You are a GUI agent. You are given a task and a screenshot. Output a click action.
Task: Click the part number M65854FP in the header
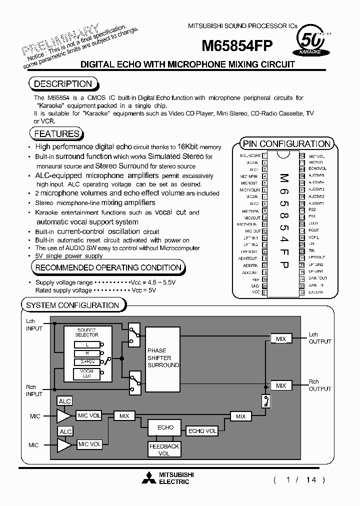pos(237,46)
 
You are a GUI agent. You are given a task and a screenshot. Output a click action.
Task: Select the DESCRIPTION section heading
pos(63,84)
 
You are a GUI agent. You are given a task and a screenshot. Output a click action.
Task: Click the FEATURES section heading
pos(56,133)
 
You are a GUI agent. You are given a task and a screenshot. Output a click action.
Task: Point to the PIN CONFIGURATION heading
pos(286,143)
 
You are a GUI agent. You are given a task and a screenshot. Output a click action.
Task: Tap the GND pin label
pos(255,285)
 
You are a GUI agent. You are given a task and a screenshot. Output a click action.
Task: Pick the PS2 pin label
pos(312,210)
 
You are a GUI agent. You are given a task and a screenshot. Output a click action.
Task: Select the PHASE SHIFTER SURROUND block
pos(163,358)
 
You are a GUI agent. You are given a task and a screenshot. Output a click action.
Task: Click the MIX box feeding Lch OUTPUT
pos(281,339)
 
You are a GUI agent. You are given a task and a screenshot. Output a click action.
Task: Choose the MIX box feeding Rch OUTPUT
pos(281,385)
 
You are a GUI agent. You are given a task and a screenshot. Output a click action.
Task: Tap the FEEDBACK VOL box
pos(164,449)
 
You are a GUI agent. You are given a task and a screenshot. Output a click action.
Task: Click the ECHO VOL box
pos(202,431)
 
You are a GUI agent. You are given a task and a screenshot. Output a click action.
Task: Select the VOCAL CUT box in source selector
pos(87,373)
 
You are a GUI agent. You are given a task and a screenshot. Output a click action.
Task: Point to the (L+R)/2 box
pos(87,361)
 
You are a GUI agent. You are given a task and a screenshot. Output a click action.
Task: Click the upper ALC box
pos(65,401)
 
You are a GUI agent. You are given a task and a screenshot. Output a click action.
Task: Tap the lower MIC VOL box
pos(90,444)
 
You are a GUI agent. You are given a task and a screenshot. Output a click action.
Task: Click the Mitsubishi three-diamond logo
pos(148,478)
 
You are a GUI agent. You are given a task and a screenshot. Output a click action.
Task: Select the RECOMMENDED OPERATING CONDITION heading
pos(108,267)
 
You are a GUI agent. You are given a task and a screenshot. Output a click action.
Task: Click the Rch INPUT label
pos(34,390)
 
